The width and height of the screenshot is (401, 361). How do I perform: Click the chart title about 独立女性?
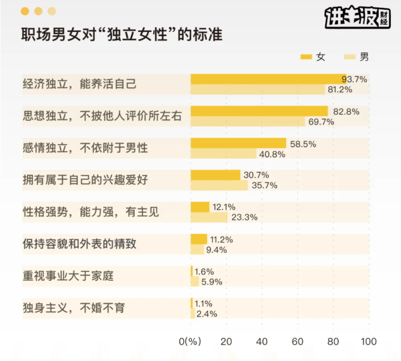[x=122, y=36]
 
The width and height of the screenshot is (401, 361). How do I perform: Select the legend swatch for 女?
[x=306, y=57]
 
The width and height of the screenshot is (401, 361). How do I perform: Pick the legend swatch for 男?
[x=349, y=57]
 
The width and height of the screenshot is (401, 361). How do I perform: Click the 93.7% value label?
[x=353, y=79]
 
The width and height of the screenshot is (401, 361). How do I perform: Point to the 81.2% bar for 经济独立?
[x=258, y=90]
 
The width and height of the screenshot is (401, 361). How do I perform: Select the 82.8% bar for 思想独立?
[x=259, y=111]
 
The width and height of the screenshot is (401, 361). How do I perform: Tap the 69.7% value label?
[x=321, y=122]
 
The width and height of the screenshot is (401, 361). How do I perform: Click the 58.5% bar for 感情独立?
[x=238, y=143]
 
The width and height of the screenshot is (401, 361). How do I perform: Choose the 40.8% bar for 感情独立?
[x=223, y=154]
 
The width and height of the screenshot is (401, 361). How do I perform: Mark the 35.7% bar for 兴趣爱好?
[x=219, y=185]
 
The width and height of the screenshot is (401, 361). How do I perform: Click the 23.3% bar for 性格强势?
[x=209, y=217]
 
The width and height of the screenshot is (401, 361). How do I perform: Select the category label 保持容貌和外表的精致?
[x=79, y=244]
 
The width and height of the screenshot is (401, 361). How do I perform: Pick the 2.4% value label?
[x=207, y=314]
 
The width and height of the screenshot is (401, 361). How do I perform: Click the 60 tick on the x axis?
[x=297, y=342]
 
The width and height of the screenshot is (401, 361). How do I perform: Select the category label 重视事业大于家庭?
[x=68, y=276]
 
